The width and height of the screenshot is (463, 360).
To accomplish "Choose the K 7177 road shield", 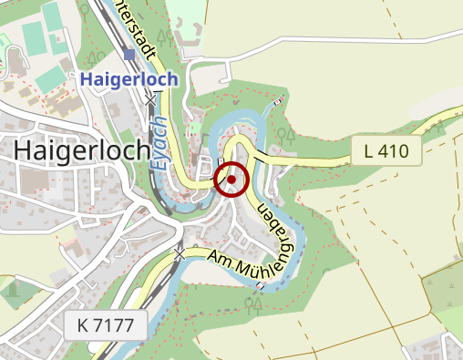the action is point(106,324).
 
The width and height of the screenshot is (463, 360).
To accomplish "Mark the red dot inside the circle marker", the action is point(231,180).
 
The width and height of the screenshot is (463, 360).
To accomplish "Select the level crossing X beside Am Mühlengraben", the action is point(181,252).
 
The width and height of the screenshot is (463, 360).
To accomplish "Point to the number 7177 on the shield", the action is point(116,324).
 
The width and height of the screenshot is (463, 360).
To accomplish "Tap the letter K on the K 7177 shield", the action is point(84,324).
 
